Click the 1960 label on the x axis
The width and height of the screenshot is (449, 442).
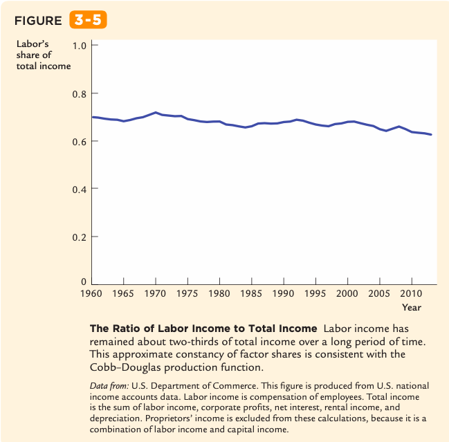[91, 293]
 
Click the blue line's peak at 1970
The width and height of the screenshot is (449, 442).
[156, 112]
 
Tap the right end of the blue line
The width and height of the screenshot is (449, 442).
[431, 134]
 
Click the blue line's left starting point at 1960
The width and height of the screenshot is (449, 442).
[93, 117]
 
